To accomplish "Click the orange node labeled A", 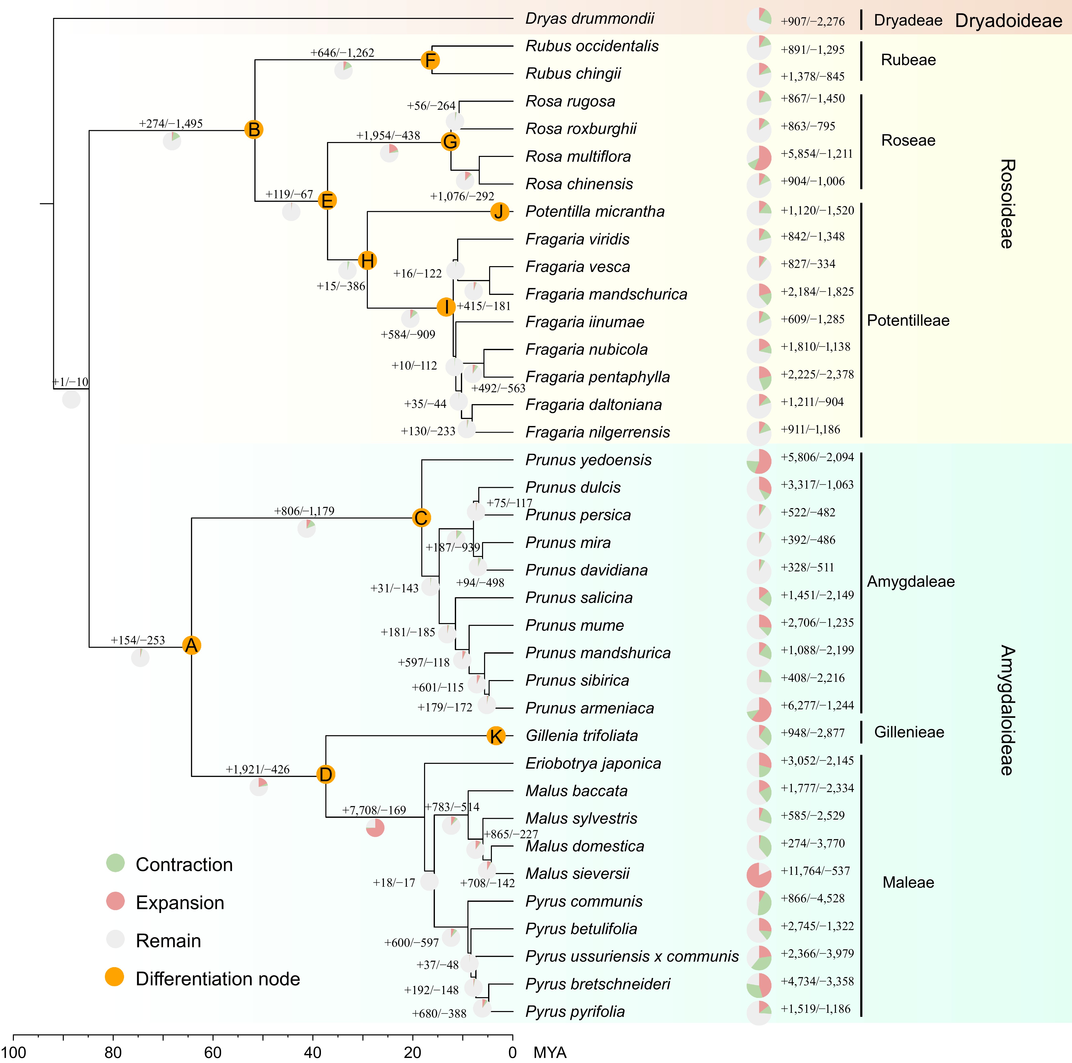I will click(x=191, y=645).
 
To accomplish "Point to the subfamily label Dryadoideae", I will click(x=1008, y=20).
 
